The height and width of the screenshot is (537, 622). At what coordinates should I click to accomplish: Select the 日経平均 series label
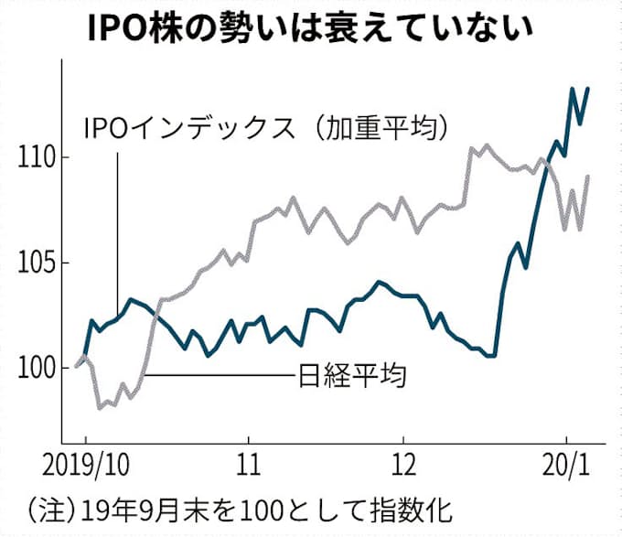click(x=352, y=374)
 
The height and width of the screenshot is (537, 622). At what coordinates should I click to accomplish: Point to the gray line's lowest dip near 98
click(x=100, y=408)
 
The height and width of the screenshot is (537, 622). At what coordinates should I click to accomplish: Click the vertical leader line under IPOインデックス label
click(x=117, y=229)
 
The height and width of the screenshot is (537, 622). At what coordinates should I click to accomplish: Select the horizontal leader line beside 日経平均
click(x=220, y=374)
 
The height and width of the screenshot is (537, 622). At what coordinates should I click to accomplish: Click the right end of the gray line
click(x=588, y=176)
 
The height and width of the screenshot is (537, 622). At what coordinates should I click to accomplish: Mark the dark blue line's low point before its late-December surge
click(x=494, y=356)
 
